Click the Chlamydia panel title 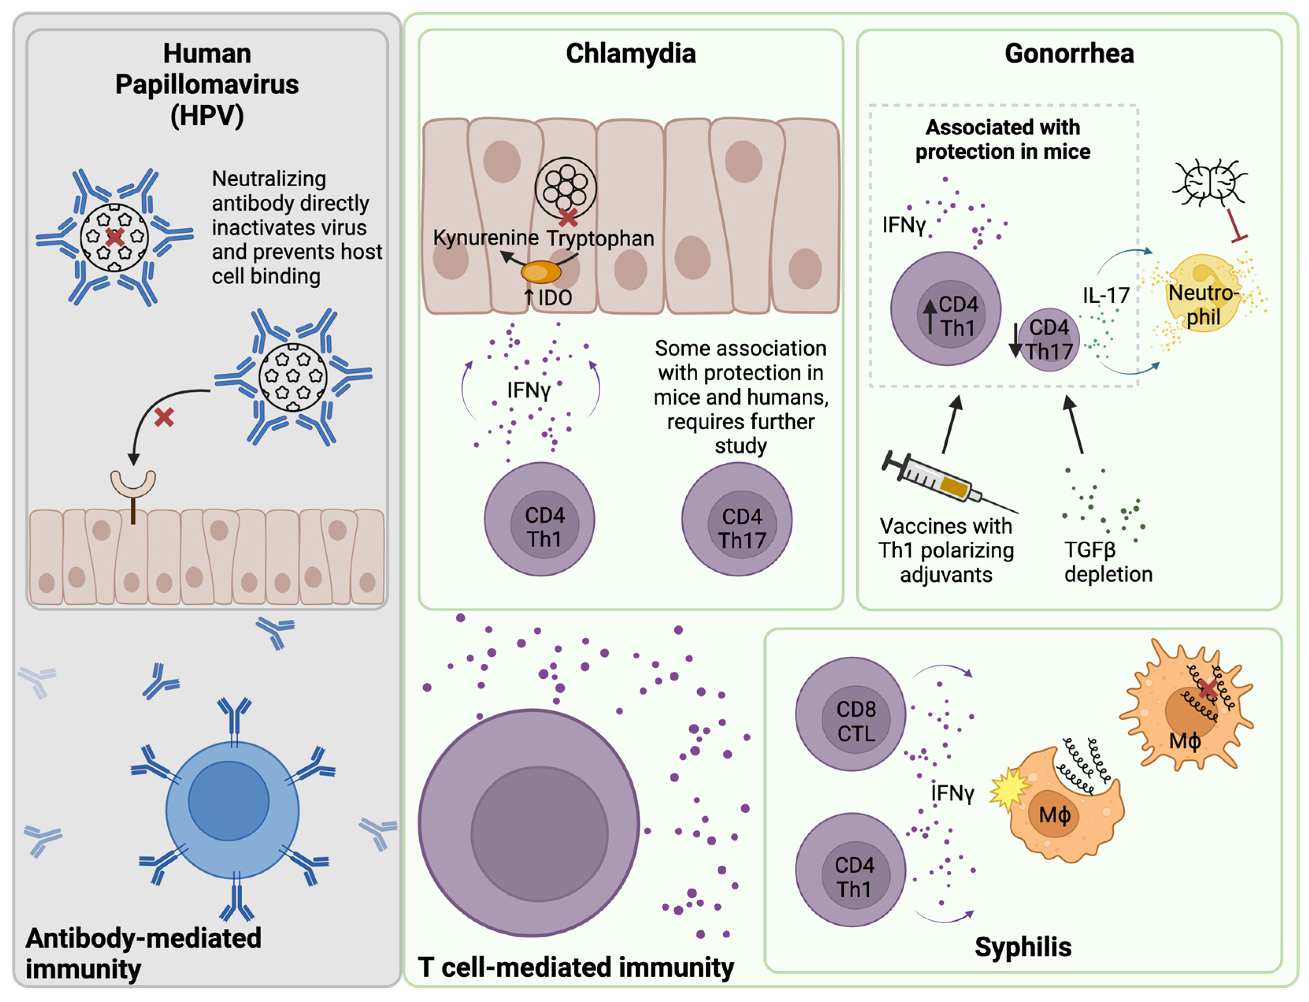coord(630,54)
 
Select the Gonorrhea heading coord(1069,54)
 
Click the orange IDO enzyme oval coord(540,272)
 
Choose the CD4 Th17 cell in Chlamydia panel coord(737,519)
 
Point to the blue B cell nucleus coord(228,800)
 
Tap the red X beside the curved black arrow coord(164,417)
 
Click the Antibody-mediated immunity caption coord(143,952)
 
